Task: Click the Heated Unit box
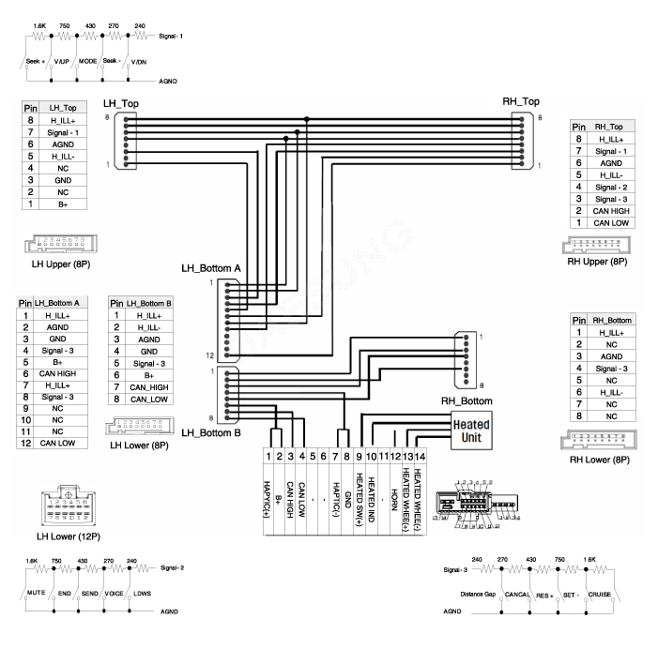[472, 430]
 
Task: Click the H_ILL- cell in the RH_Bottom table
[611, 392]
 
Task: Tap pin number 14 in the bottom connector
[419, 456]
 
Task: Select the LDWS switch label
[141, 595]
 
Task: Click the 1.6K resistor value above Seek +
[38, 27]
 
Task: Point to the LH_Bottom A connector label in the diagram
[211, 269]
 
